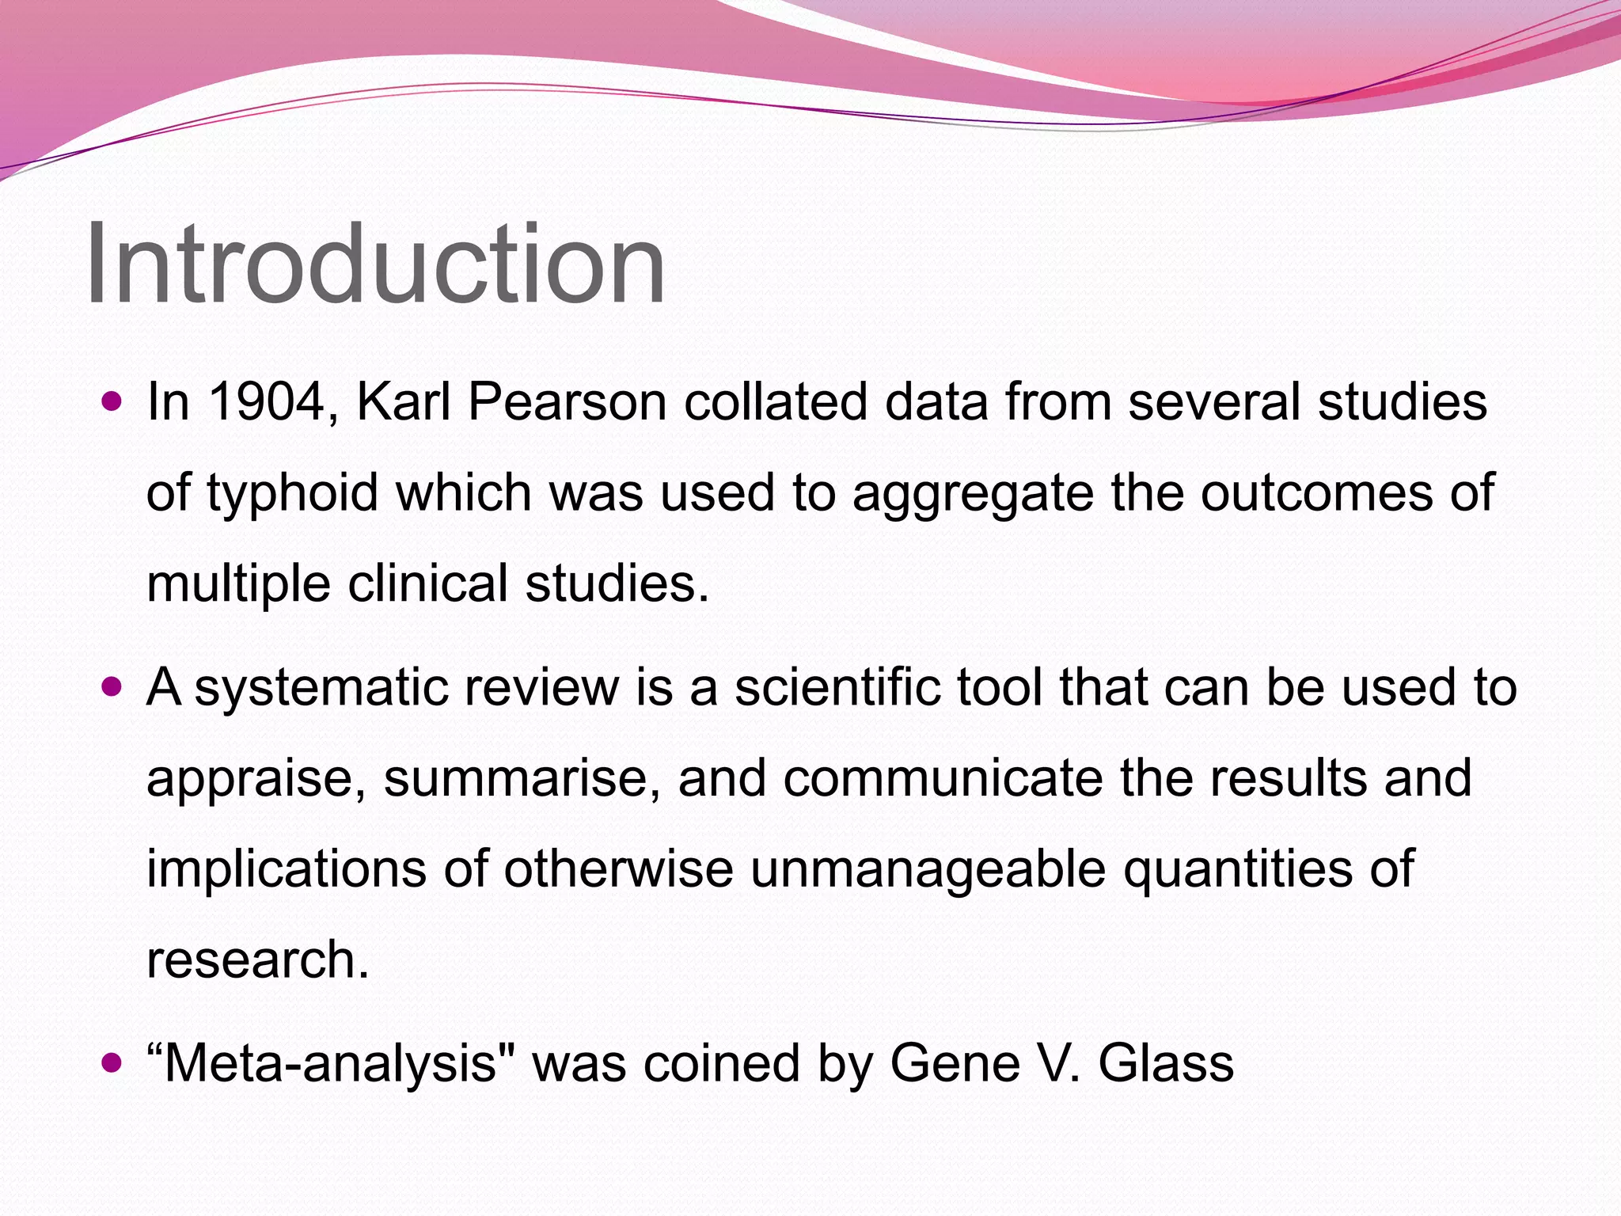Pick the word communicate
942,778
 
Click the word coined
721,1063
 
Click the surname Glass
1165,1063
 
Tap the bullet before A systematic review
112,687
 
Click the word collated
775,401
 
